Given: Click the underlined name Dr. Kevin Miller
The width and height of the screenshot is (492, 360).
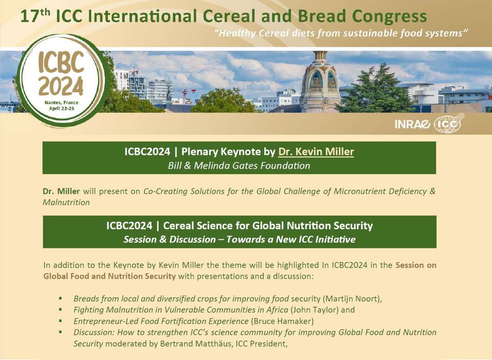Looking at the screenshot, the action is click(x=316, y=152).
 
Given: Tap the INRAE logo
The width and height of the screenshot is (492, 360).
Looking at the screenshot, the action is click(x=412, y=124).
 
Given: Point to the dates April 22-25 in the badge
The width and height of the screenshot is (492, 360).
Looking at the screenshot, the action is click(x=62, y=108).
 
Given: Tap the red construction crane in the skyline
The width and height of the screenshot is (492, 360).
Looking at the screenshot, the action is click(x=185, y=93).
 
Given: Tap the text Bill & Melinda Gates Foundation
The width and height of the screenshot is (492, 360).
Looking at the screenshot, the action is click(x=239, y=166).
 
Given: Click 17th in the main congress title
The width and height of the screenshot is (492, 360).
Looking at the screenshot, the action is click(x=35, y=16).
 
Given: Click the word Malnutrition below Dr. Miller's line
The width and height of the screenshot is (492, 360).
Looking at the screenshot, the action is click(x=66, y=202).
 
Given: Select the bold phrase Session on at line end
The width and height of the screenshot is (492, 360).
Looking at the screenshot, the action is click(x=416, y=265).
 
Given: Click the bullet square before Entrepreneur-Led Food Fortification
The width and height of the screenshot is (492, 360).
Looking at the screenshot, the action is click(x=60, y=321).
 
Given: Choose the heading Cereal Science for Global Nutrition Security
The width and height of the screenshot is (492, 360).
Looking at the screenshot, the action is click(x=268, y=225).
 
